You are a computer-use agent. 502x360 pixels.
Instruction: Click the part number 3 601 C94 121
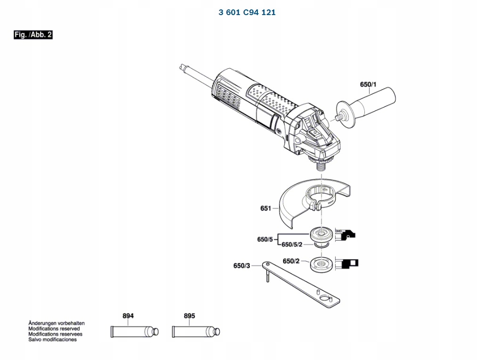tap(247, 12)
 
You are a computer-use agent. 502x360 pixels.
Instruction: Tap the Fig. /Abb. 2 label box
tap(33, 34)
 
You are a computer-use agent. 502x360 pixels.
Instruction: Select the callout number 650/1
tap(368, 84)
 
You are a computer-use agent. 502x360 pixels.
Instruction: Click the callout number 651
tap(266, 208)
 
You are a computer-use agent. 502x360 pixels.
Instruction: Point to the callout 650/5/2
tap(292, 245)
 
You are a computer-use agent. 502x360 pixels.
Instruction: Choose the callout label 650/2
tap(291, 261)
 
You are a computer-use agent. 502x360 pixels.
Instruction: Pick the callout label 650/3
tap(242, 266)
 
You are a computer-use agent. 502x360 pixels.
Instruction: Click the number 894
tap(128, 316)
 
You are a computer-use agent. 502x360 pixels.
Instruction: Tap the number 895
tap(189, 316)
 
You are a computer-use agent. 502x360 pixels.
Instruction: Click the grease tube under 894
tap(134, 332)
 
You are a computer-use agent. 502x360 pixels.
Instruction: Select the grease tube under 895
tap(196, 332)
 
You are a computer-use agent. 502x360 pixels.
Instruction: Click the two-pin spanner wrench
tap(300, 284)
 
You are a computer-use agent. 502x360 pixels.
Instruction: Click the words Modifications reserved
tap(54, 328)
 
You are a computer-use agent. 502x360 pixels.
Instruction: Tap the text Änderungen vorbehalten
tap(57, 323)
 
